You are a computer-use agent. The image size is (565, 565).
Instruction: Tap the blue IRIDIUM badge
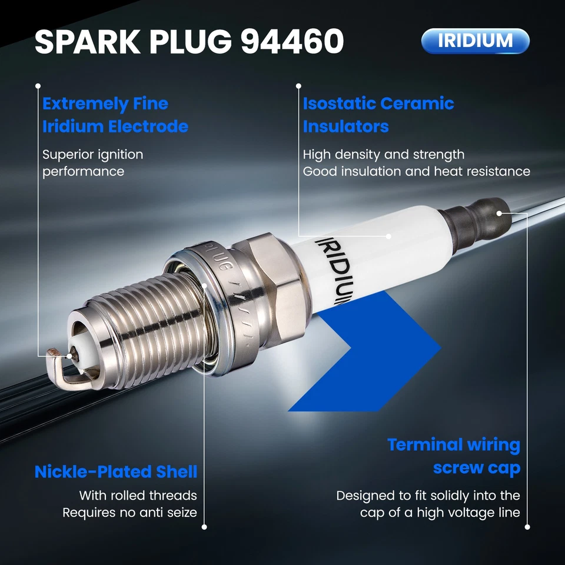(x=476, y=41)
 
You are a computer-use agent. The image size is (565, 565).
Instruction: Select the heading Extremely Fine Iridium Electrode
(x=115, y=115)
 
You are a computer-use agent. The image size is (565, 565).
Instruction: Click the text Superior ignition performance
(x=92, y=163)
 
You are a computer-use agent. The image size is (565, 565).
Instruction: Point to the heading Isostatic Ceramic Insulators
(x=378, y=115)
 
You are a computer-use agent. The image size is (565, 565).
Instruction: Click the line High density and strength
(x=384, y=155)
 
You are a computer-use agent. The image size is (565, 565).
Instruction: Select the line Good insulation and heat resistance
(x=417, y=172)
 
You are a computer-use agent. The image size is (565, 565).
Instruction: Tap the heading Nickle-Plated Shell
(x=116, y=472)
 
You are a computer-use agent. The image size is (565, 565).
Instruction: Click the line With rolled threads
(x=138, y=496)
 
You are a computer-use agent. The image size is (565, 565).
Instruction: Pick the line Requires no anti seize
(x=130, y=513)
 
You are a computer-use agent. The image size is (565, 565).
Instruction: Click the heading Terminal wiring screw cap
(x=454, y=456)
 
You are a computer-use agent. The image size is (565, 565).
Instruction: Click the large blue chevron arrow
(x=377, y=353)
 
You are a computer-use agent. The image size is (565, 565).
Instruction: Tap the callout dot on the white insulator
(x=389, y=235)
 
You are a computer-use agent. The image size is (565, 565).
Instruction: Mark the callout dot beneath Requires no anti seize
(x=204, y=527)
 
